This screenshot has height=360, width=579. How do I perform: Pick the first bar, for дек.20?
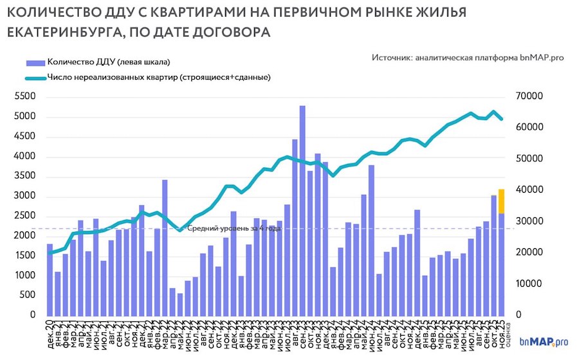pos(50,280)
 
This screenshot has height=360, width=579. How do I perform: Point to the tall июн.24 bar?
pos(371,240)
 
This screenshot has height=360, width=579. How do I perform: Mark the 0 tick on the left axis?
pos(32,316)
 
